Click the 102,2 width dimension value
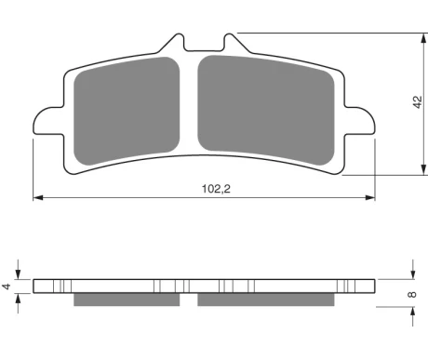pyautogui.click(x=216, y=189)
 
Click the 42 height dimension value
pyautogui.click(x=418, y=102)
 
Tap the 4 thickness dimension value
pyautogui.click(x=7, y=287)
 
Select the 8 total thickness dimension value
pyautogui.click(x=412, y=294)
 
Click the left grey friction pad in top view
pyautogui.click(x=127, y=111)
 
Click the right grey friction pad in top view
pyautogui.click(x=266, y=110)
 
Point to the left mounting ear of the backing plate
pyautogui.click(x=48, y=121)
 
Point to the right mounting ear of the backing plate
pyautogui.click(x=360, y=121)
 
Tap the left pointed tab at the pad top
pyautogui.click(x=172, y=43)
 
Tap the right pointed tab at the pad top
pyautogui.click(x=235, y=43)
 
